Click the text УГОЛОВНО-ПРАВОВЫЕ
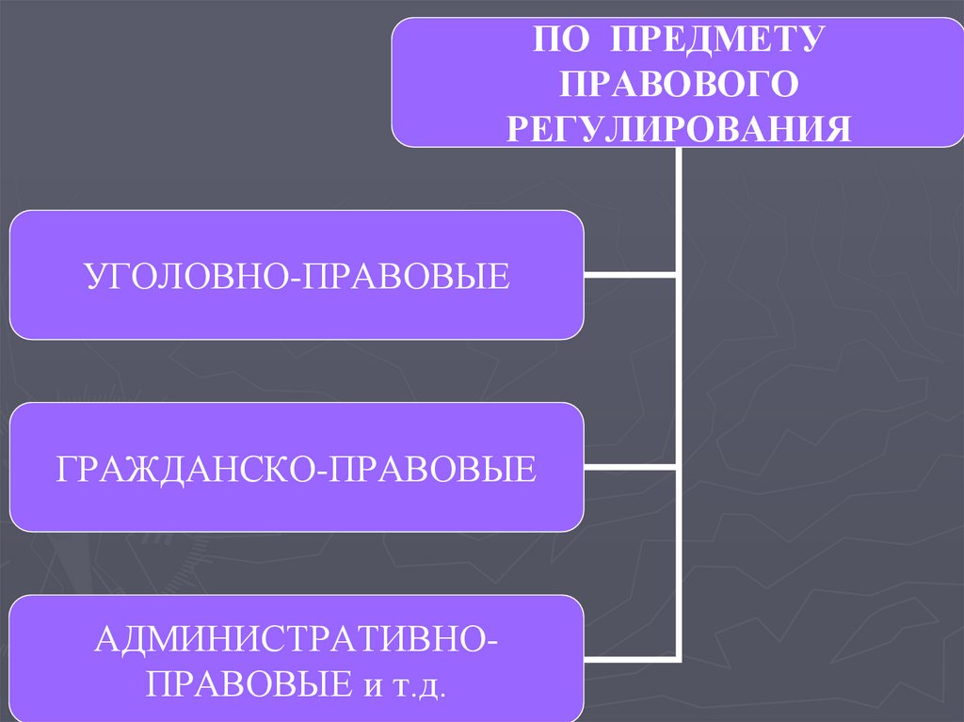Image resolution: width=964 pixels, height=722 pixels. [297, 277]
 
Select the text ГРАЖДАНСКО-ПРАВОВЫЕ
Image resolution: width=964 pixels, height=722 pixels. [297, 468]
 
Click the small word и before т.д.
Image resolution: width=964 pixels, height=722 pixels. [370, 685]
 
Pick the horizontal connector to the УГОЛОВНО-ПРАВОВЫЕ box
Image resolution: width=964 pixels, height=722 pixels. [630, 276]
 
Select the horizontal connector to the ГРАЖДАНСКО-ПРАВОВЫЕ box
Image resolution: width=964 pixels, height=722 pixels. [630, 467]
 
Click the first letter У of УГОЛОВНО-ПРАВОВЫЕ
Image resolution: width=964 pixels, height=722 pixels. [93, 277]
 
